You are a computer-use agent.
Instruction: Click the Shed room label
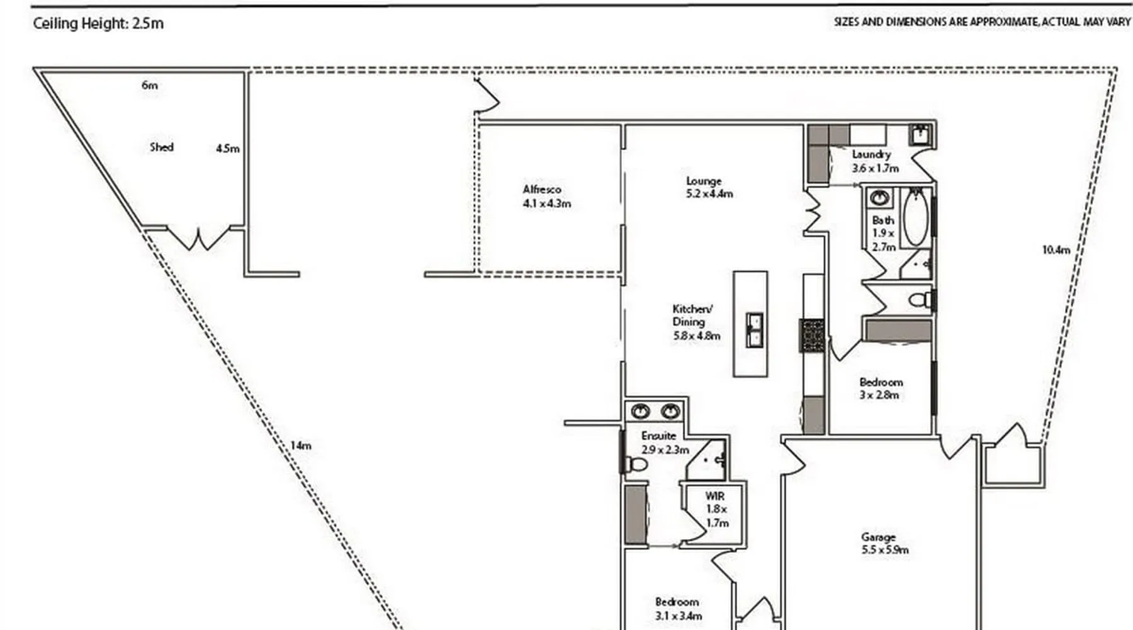coord(162,147)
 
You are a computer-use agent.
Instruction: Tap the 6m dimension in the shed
coord(149,85)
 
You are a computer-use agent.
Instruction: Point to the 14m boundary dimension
coord(301,445)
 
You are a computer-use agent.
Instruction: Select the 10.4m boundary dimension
coord(1056,249)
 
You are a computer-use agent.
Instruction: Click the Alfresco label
coord(542,189)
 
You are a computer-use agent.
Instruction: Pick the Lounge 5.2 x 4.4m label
coord(709,187)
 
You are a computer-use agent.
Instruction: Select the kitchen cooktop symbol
coord(812,336)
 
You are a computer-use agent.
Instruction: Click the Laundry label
coord(871,154)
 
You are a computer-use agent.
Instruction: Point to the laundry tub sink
coord(920,135)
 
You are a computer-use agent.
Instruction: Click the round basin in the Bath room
coord(879,198)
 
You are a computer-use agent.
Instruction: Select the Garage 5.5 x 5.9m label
coord(885,543)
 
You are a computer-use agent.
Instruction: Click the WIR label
coord(714,496)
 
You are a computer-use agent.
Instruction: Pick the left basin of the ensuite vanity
coord(641,411)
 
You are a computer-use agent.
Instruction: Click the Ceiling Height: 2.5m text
coord(98,23)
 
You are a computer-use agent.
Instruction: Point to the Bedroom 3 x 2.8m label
coord(881,388)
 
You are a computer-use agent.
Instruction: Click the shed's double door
coord(199,239)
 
